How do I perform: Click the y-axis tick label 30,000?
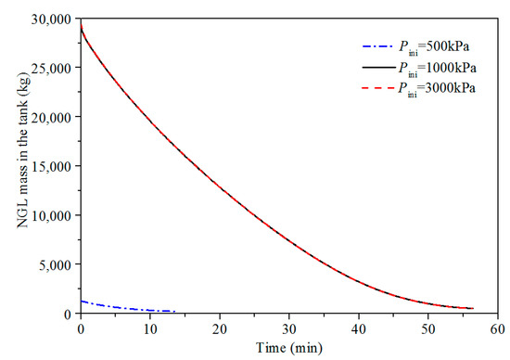coord(50,19)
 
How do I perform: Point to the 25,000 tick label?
coord(50,68)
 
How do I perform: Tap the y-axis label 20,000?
coord(50,117)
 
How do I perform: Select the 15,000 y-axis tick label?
coord(50,166)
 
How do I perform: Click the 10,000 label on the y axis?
coord(50,215)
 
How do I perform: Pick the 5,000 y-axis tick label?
coord(55,264)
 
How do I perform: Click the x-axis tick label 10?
coord(150,329)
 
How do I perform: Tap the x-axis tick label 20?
coord(220,329)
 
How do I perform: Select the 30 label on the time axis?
coord(289,329)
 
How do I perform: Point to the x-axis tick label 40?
coord(359,329)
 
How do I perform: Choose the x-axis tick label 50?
coord(428,329)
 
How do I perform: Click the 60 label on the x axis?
coord(498,329)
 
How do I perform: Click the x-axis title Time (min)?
coord(289,348)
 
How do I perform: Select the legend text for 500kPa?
coord(434,47)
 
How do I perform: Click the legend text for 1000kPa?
coord(438,68)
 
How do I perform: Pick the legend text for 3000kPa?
coord(438,88)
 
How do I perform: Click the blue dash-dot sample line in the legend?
coord(377,47)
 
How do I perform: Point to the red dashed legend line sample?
coord(377,88)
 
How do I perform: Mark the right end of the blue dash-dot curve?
coord(175,312)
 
